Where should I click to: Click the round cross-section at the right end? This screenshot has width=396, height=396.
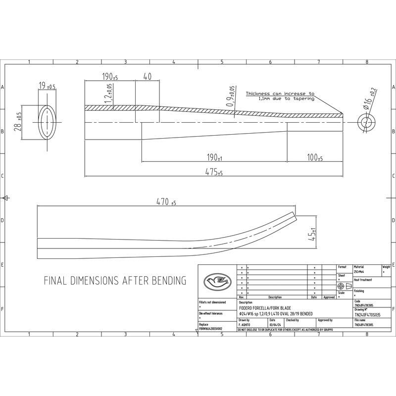(x=366, y=122)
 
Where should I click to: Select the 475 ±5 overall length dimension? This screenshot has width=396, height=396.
(x=213, y=172)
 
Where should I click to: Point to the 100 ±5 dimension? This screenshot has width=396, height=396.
(x=314, y=158)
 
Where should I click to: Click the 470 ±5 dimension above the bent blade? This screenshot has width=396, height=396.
(x=166, y=202)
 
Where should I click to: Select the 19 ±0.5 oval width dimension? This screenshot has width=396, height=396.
(x=47, y=86)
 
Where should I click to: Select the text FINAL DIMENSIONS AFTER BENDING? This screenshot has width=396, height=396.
(x=115, y=281)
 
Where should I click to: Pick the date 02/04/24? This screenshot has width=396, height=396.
(x=275, y=325)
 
